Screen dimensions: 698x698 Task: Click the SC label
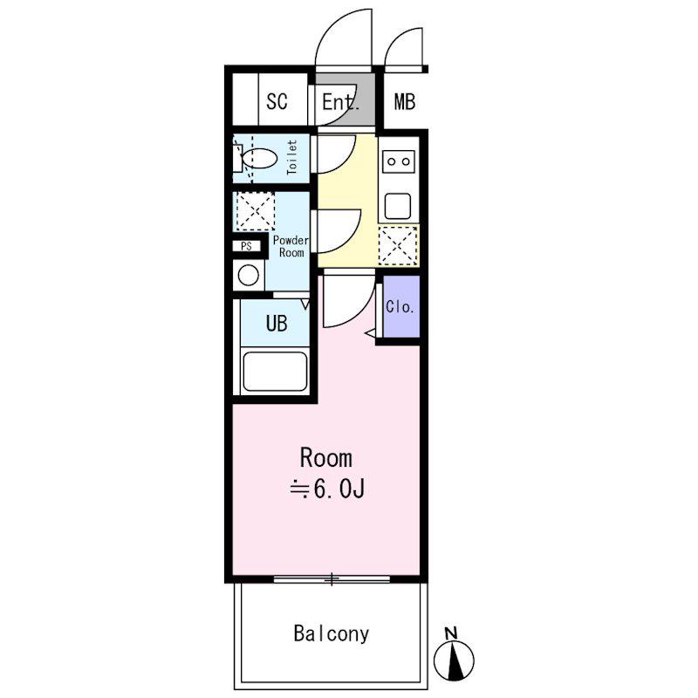(x=277, y=101)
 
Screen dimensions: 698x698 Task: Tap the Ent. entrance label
(x=340, y=102)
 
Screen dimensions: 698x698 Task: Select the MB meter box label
(x=405, y=101)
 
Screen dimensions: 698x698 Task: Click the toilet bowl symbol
(x=259, y=159)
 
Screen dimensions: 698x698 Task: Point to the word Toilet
(x=292, y=157)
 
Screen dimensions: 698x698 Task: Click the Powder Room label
(x=291, y=246)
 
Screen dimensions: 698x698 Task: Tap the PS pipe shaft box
(x=247, y=246)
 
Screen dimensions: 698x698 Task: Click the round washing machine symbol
(x=249, y=275)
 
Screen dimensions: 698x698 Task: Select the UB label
(x=277, y=324)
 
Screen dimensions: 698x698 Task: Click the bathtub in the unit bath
(x=276, y=372)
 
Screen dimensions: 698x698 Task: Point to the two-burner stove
(x=399, y=161)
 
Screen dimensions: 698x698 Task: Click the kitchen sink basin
(x=398, y=206)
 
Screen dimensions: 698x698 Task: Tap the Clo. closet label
(x=400, y=307)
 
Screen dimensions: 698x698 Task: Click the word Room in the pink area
(x=326, y=458)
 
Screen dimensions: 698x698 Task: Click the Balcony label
(x=332, y=633)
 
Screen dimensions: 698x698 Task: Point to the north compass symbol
(x=454, y=660)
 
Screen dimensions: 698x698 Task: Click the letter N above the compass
(x=451, y=633)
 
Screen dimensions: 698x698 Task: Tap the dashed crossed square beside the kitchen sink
(x=398, y=245)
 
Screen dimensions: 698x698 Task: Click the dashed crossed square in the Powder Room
(x=255, y=211)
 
